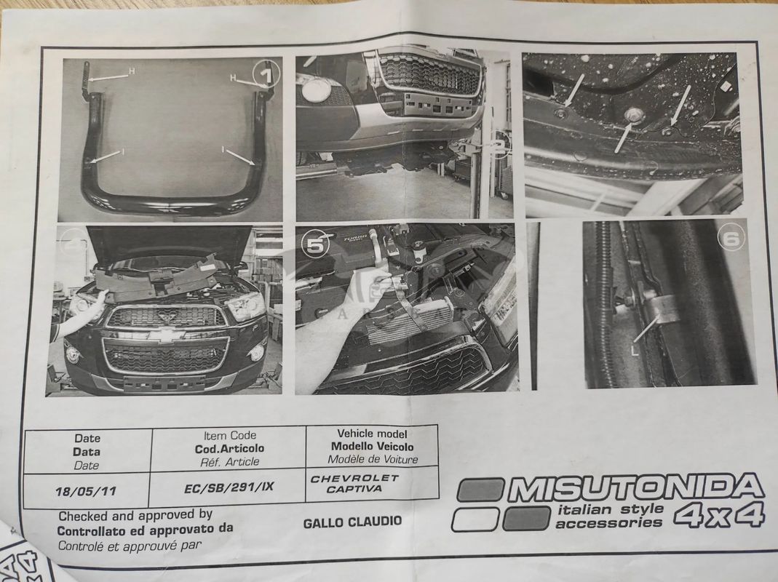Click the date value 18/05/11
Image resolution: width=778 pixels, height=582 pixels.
(x=86, y=491)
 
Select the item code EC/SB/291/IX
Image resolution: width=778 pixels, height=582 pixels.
(x=229, y=487)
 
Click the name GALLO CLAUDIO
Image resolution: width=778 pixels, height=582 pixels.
(x=352, y=522)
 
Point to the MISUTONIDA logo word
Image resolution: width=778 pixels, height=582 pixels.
(x=636, y=487)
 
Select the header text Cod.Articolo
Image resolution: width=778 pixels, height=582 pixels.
(x=229, y=449)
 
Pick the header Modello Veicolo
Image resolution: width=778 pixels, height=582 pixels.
(x=372, y=446)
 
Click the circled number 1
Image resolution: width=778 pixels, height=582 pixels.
(x=266, y=74)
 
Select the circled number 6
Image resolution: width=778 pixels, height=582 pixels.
(x=731, y=239)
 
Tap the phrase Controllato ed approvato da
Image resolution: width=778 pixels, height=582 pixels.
(x=145, y=530)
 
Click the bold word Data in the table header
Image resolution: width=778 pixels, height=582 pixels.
(x=87, y=452)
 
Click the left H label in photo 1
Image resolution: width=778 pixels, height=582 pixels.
(x=132, y=71)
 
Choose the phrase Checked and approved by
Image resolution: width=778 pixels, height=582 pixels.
(x=135, y=516)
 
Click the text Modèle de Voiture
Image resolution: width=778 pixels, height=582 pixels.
(x=373, y=460)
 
